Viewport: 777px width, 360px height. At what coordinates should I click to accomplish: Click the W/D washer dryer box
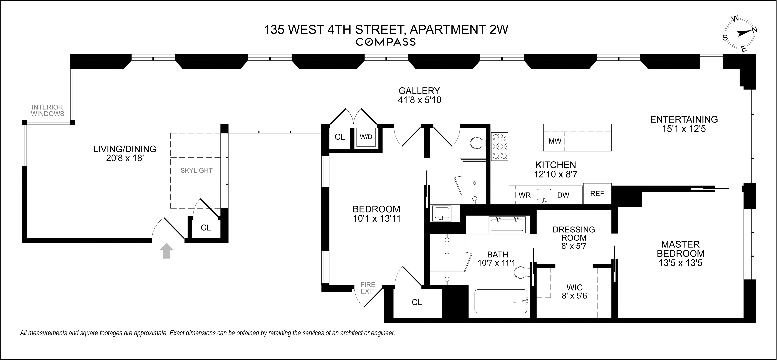click(366, 137)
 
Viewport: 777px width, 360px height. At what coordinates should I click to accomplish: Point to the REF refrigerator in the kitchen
click(597, 194)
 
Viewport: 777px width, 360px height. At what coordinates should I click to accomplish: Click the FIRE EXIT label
click(368, 288)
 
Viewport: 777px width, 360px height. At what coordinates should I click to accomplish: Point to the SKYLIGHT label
click(196, 171)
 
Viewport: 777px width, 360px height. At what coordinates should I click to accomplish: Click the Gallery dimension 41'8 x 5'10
click(419, 100)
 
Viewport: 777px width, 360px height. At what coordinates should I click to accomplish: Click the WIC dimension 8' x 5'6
click(574, 296)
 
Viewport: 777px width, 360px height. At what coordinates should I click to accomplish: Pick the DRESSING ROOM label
click(574, 234)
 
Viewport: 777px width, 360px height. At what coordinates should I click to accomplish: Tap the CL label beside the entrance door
click(206, 228)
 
